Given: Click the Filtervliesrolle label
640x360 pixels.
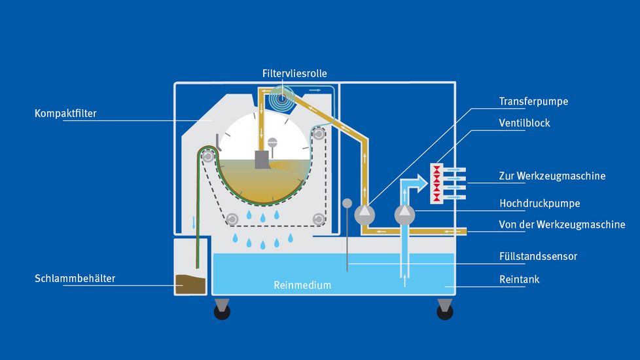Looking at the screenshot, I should pyautogui.click(x=294, y=73).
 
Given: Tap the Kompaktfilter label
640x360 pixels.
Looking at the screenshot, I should pyautogui.click(x=65, y=114).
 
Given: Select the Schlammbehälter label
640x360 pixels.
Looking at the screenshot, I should pyautogui.click(x=75, y=279).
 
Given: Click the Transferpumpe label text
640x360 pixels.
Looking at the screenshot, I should pyautogui.click(x=533, y=101).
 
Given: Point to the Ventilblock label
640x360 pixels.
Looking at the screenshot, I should pyautogui.click(x=524, y=123).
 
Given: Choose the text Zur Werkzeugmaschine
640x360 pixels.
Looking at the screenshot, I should pyautogui.click(x=561, y=176).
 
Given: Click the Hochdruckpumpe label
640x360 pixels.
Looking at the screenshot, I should pyautogui.click(x=539, y=203).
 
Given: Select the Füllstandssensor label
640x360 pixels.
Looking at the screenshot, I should pyautogui.click(x=538, y=256).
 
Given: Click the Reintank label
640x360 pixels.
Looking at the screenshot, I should pyautogui.click(x=519, y=279).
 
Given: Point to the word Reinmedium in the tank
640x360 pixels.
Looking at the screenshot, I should pyautogui.click(x=302, y=285).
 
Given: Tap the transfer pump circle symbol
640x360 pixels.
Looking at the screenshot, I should pyautogui.click(x=364, y=213).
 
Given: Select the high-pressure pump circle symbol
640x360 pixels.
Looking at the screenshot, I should pyautogui.click(x=405, y=213).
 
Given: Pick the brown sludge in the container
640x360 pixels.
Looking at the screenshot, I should pyautogui.click(x=190, y=284).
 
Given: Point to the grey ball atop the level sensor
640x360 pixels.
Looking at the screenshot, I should pyautogui.click(x=347, y=203).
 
